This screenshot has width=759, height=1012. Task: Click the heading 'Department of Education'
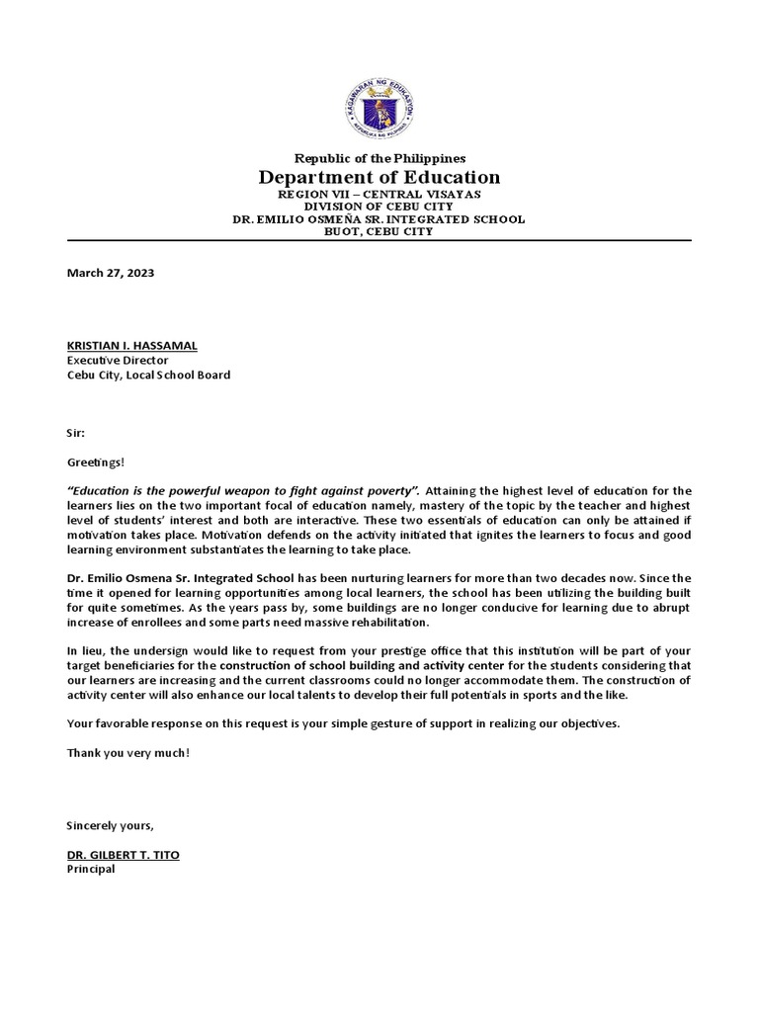click(379, 178)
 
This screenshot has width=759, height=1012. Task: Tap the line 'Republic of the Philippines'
click(379, 158)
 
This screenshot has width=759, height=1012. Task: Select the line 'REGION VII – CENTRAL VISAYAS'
click(379, 195)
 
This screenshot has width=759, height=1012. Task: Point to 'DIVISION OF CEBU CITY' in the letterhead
click(379, 207)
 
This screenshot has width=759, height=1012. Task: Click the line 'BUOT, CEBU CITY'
click(379, 231)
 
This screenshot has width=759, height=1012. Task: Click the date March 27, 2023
click(110, 273)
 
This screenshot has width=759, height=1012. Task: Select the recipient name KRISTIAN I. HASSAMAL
click(131, 345)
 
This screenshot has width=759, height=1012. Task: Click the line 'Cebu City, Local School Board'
click(148, 376)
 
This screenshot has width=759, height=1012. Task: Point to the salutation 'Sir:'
click(76, 433)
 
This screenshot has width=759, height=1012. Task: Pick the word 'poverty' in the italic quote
click(391, 490)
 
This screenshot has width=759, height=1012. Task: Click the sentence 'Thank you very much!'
click(127, 753)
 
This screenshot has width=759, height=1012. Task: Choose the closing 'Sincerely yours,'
click(110, 825)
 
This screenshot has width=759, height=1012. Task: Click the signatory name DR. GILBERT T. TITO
click(123, 854)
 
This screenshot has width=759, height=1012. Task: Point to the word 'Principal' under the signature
click(91, 870)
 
